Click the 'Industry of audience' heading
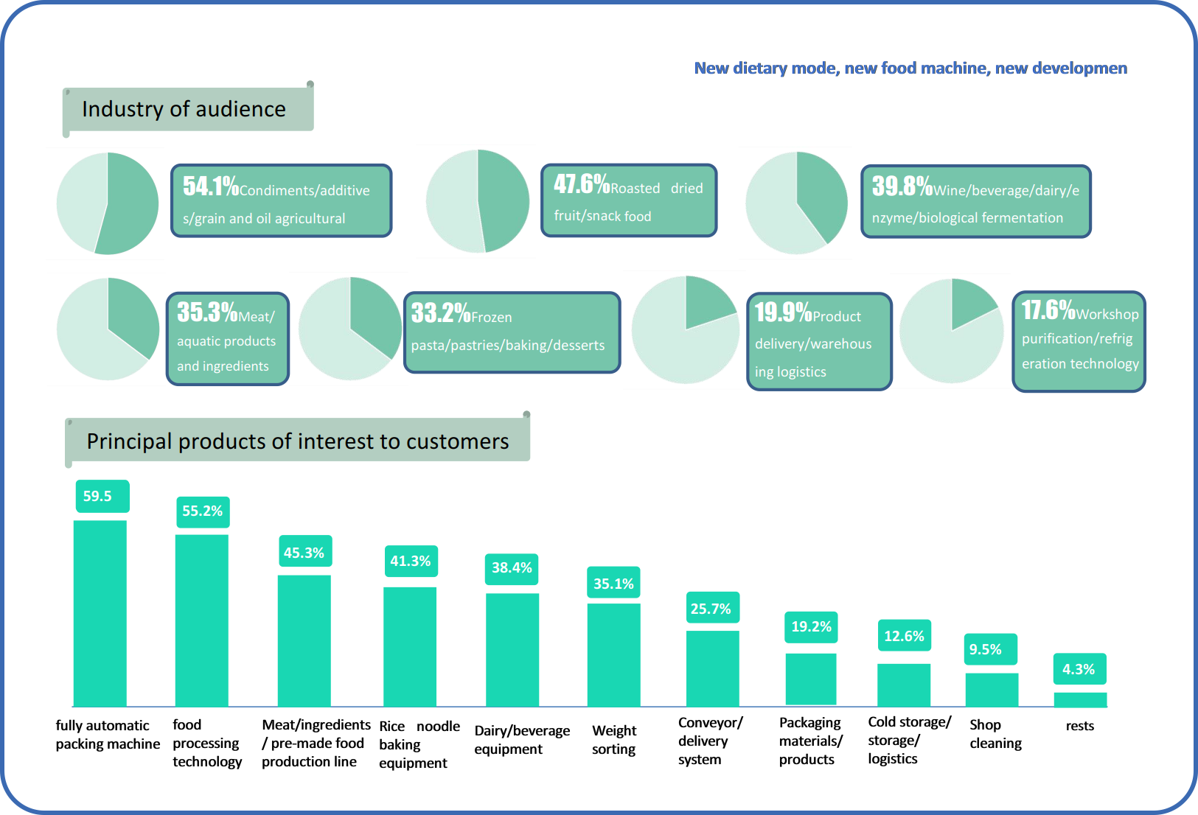[184, 109]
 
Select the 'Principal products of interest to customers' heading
[298, 441]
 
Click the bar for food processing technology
[201, 620]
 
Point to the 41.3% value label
[411, 561]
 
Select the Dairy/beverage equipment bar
[512, 649]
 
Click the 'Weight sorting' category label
[614, 740]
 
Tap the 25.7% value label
[711, 609]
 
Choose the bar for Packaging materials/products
[810, 679]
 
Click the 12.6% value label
[904, 636]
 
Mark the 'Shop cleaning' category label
[995, 734]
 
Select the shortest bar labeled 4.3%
[1080, 699]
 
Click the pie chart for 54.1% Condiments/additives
[108, 203]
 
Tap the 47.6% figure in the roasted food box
[582, 184]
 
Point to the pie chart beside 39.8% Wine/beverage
[796, 203]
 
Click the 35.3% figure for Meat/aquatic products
[207, 312]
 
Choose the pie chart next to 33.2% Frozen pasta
[350, 329]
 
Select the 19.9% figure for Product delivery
[783, 312]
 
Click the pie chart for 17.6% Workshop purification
[951, 331]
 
